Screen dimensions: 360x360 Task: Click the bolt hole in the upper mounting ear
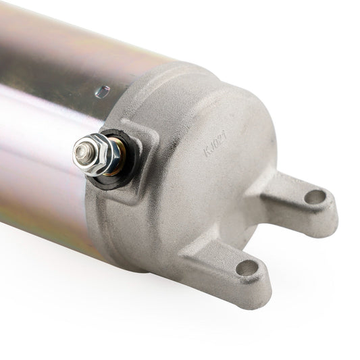click(x=315, y=198)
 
